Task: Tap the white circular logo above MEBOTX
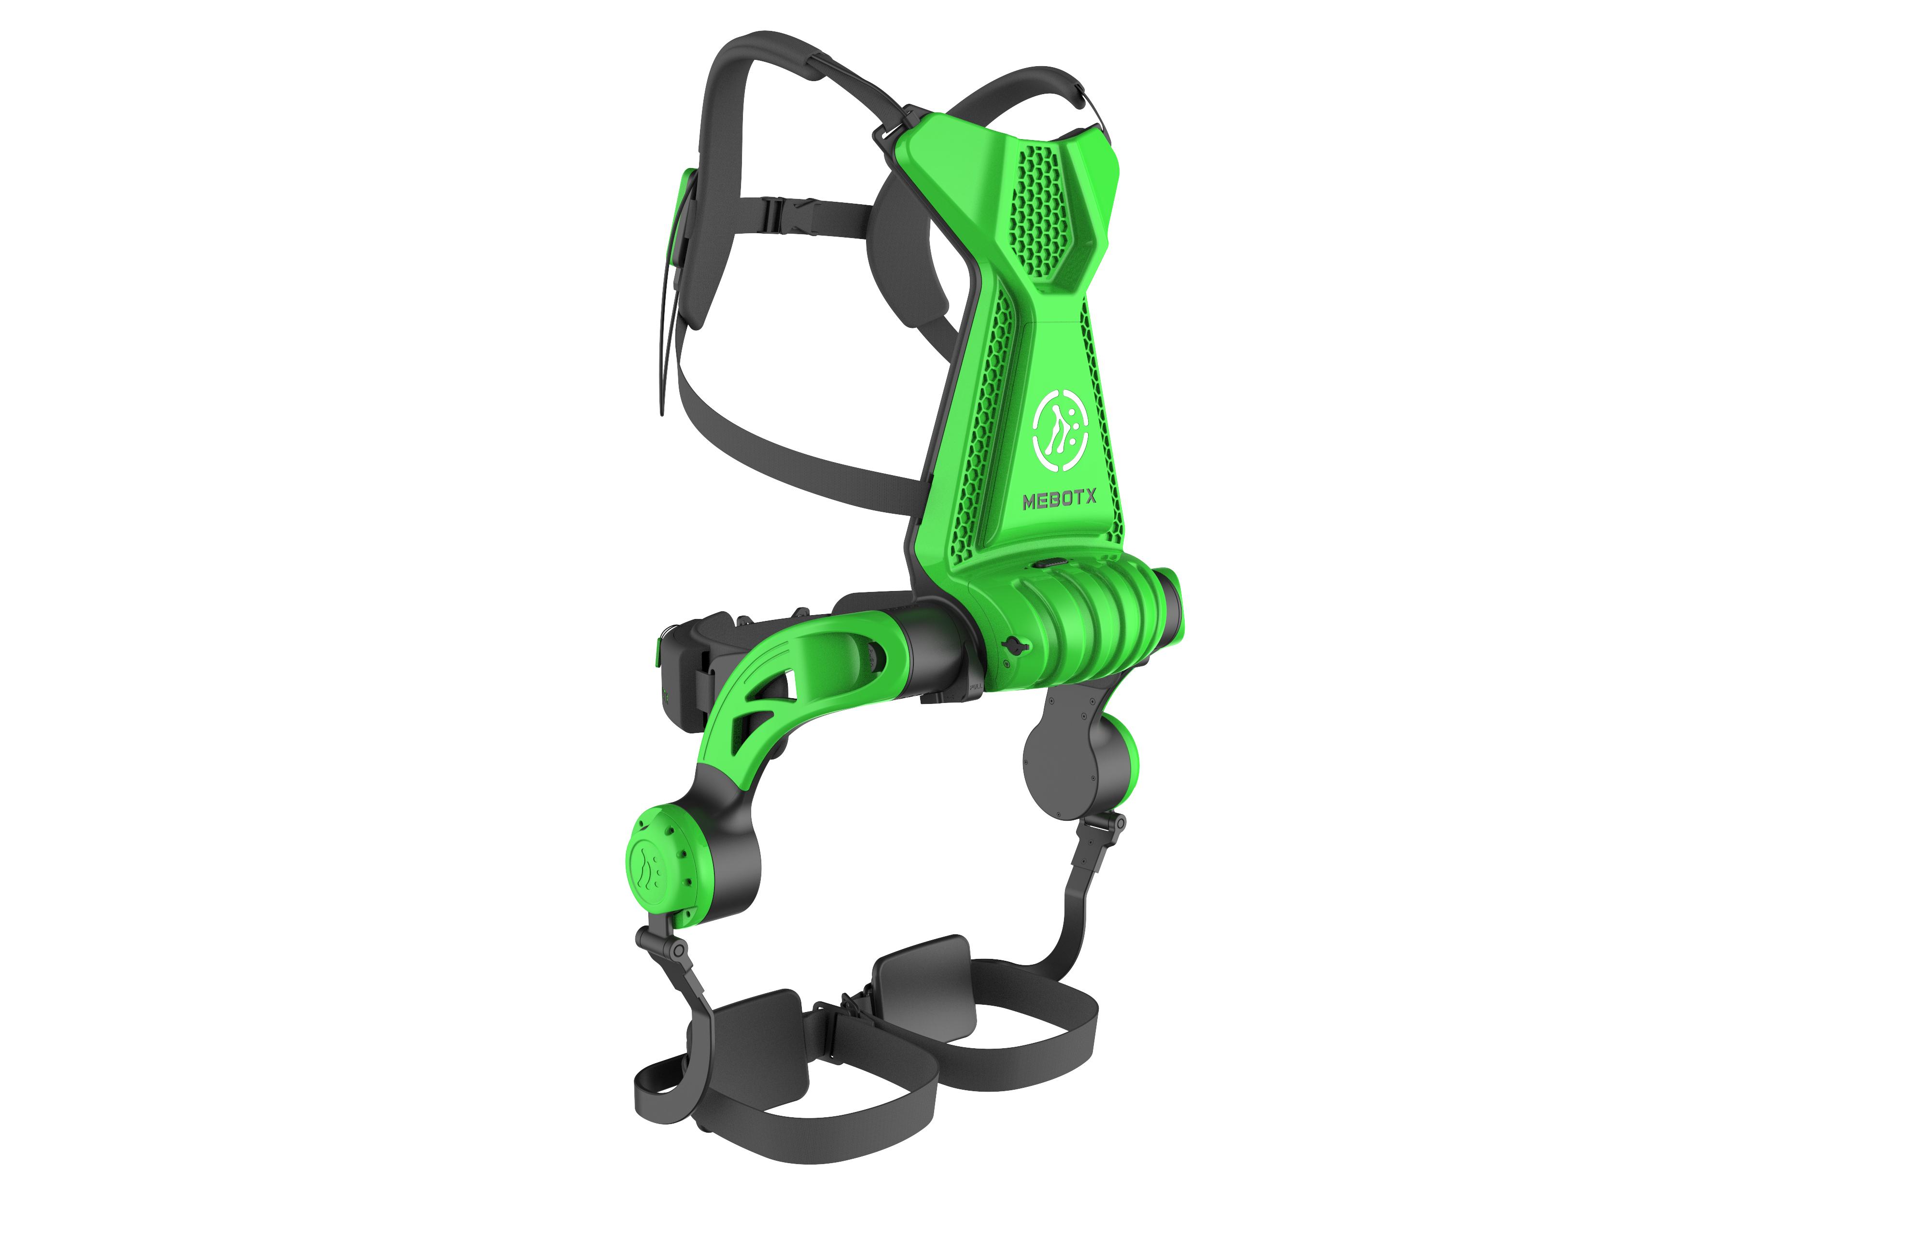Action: pyautogui.click(x=1060, y=430)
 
